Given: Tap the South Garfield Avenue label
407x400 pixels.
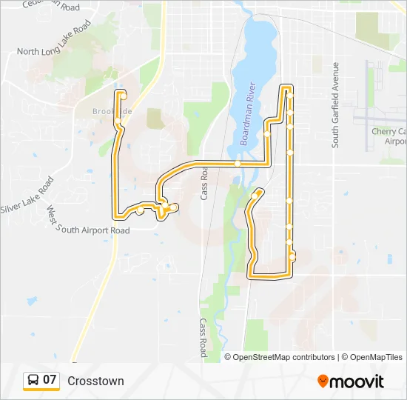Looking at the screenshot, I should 335,105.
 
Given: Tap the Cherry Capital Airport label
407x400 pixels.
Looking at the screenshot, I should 389,136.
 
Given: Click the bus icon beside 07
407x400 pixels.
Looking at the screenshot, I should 33,381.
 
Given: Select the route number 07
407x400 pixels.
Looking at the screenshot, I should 50,381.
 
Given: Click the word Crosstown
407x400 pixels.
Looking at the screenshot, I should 95,381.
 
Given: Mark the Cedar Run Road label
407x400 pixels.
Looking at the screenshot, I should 51,7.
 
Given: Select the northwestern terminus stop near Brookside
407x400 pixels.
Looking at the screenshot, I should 124,94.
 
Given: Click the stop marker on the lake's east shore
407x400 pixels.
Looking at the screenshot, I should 267,134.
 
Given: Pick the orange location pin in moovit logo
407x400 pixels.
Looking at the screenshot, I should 323,381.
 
